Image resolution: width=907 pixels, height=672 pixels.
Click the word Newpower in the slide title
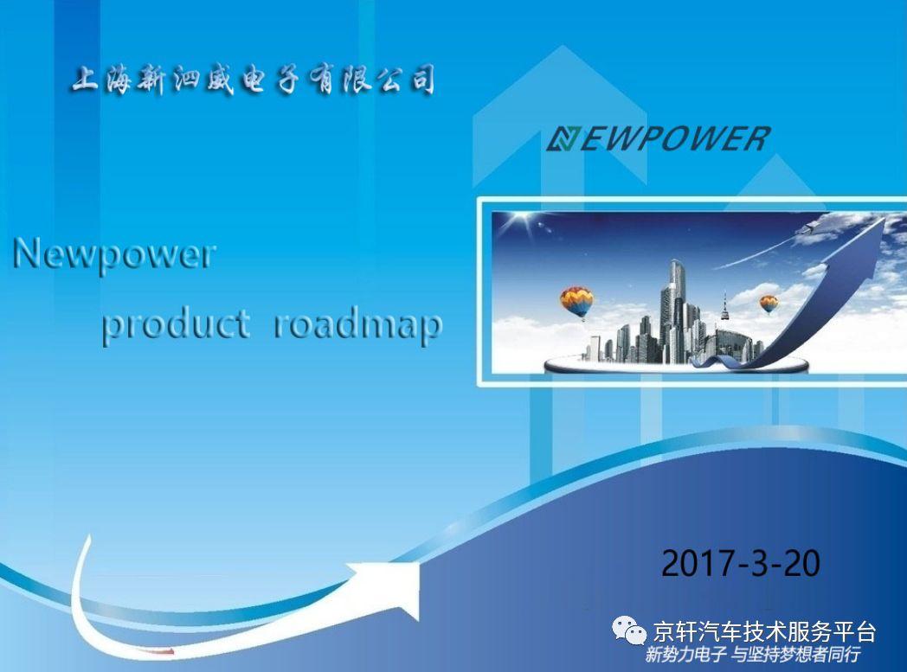click(114, 255)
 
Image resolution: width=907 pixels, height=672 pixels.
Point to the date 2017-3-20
click(741, 563)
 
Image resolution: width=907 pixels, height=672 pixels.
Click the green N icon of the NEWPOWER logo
click(563, 139)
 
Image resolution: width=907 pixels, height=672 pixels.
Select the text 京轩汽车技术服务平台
click(764, 631)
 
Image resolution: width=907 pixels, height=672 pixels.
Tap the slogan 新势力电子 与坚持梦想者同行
click(753, 656)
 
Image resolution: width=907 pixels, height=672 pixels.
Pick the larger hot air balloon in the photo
click(576, 302)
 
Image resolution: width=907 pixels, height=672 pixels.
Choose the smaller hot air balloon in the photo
click(769, 304)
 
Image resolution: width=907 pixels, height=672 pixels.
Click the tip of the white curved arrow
click(419, 565)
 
